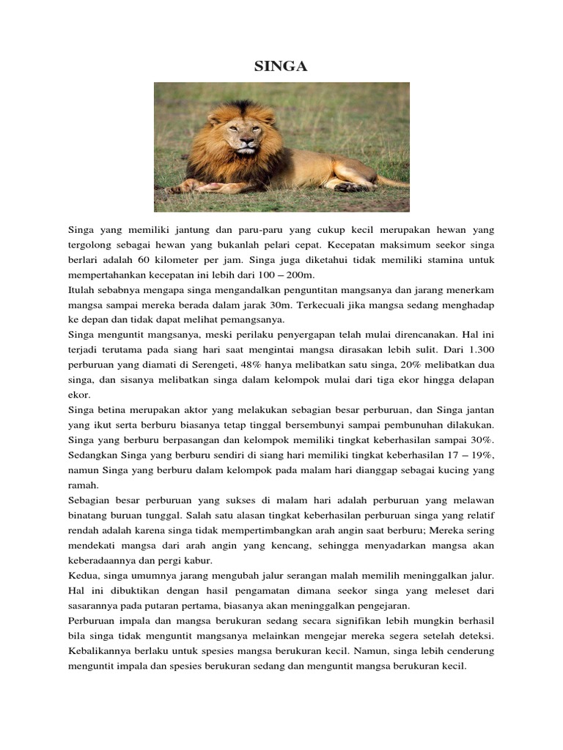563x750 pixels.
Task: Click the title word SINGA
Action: tap(281, 67)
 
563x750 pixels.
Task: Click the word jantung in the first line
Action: tap(153, 228)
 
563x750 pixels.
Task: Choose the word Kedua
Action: tap(82, 576)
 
